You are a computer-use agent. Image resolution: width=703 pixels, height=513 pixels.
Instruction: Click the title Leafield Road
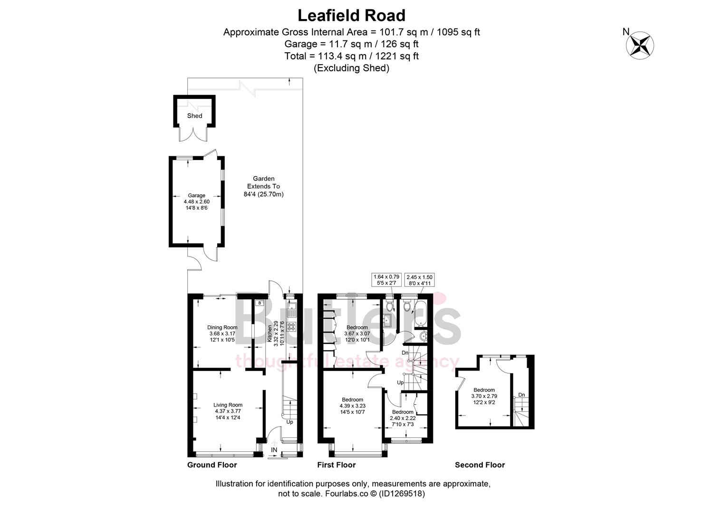pos(351,16)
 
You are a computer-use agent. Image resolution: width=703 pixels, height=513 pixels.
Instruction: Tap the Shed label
pos(194,116)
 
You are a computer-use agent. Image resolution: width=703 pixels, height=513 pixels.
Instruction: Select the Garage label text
pos(196,196)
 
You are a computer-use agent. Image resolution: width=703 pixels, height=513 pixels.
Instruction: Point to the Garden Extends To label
pos(263,187)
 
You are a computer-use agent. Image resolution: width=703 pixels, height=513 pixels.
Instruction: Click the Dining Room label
pos(222,327)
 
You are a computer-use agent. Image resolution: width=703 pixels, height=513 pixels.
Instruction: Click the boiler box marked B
pos(260,303)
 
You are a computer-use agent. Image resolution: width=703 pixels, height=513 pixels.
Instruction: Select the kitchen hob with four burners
pos(291,326)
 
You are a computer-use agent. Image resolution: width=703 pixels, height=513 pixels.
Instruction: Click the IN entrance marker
pos(274,450)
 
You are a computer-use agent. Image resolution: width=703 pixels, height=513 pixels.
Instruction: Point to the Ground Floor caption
pos(212,465)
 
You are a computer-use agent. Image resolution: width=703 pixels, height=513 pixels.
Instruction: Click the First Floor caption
pos(336,465)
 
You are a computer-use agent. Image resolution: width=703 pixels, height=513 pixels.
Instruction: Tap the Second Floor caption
pos(480,465)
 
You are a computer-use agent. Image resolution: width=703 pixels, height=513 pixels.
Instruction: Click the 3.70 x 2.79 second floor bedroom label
pos(484,396)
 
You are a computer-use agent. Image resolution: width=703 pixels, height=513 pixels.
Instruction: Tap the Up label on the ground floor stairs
pos(289,422)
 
